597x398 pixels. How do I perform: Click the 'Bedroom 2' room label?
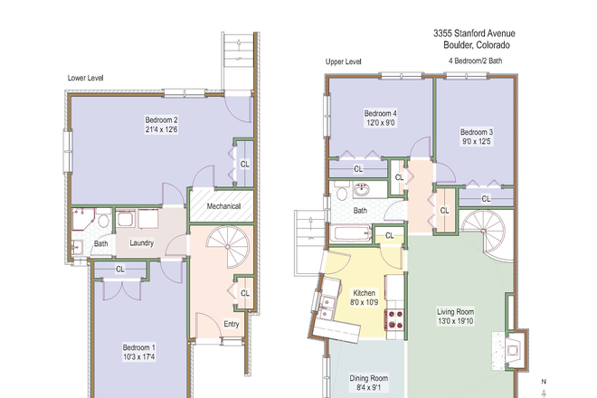162,119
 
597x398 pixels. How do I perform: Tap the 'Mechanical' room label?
223,206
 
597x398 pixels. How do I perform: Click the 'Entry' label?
232,324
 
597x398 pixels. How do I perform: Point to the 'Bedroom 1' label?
138,347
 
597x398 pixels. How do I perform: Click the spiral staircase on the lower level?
220,248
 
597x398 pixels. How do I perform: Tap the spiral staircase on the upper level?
487,234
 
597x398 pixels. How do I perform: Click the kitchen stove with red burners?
395,319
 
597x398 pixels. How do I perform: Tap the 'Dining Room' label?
368,378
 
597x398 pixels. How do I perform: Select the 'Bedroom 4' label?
380,113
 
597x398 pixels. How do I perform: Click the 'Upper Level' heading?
344,62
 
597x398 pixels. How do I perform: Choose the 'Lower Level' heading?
86,78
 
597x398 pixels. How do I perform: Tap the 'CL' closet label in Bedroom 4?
358,168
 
